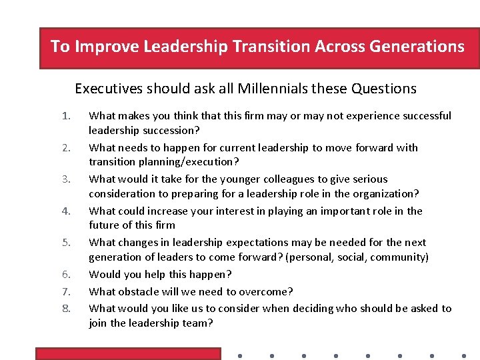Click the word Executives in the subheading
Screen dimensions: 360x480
pyautogui.click(x=108, y=89)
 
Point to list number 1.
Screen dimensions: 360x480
pyautogui.click(x=65, y=116)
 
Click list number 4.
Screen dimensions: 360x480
pyautogui.click(x=65, y=211)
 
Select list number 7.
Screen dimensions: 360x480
pyautogui.click(x=65, y=292)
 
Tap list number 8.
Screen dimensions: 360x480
pyautogui.click(x=65, y=309)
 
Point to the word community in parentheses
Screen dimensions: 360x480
pyautogui.click(x=398, y=257)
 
